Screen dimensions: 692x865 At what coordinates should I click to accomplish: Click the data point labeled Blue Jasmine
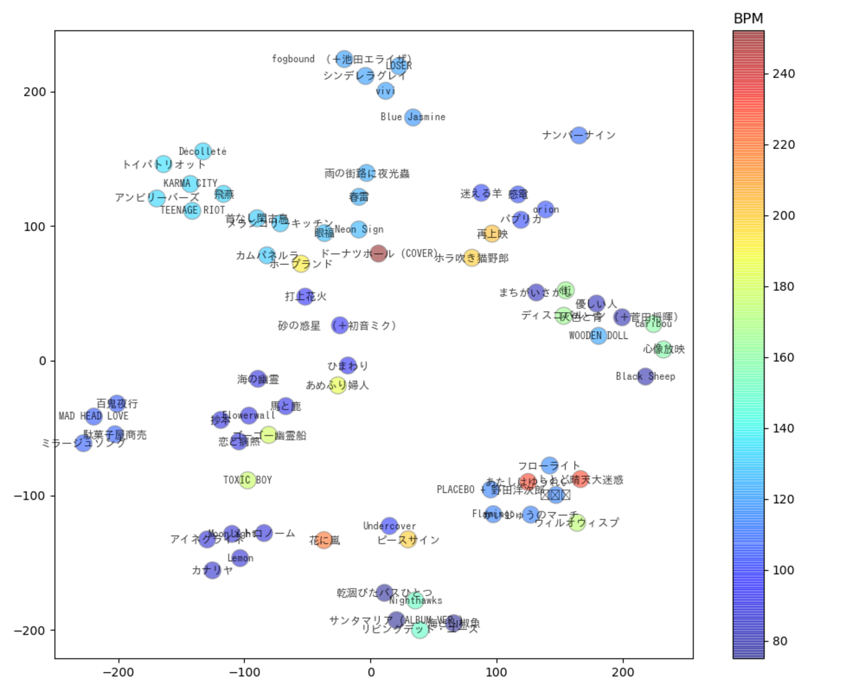point(413,117)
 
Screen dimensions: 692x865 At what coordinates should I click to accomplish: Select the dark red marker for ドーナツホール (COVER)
point(378,254)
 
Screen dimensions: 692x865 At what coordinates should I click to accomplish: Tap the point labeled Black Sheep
point(645,377)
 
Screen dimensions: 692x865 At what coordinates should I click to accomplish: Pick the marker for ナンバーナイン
point(579,135)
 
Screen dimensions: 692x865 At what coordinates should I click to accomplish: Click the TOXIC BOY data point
point(248,480)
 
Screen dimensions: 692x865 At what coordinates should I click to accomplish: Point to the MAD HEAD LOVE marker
point(94,417)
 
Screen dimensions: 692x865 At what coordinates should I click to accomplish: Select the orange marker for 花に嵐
point(323,540)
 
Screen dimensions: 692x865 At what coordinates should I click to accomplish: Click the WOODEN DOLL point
point(598,335)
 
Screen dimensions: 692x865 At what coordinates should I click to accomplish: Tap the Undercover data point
point(389,526)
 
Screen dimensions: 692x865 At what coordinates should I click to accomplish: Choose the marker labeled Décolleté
point(203,151)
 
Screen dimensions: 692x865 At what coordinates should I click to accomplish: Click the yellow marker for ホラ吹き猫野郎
point(471,258)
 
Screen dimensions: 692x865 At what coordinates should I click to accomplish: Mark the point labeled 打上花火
point(305,296)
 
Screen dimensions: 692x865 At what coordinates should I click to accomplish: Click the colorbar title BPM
point(748,19)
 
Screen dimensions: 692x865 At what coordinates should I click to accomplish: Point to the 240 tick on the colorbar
point(783,74)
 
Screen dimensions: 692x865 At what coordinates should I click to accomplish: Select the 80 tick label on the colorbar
point(780,641)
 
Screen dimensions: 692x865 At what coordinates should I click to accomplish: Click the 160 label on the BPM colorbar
point(783,357)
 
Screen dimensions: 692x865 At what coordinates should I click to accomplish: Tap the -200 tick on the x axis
point(118,672)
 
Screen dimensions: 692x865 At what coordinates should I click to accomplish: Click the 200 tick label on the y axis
point(35,92)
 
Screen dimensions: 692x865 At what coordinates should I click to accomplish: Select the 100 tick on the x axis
point(496,672)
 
